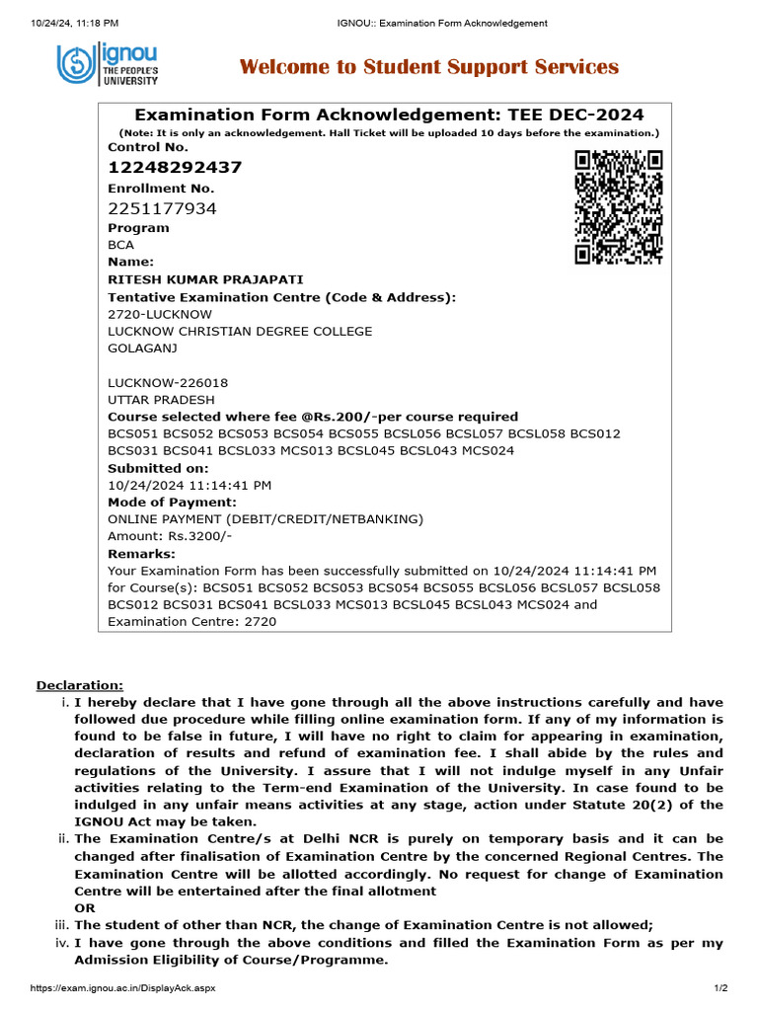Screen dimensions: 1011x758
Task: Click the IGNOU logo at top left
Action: tap(107, 66)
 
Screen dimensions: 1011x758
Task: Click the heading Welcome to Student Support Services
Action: tap(429, 67)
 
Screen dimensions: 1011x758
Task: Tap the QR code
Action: tap(618, 207)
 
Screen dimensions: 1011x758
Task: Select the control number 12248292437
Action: tap(175, 167)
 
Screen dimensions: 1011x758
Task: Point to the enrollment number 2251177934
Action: tap(162, 208)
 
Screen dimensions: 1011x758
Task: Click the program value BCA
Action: tap(120, 245)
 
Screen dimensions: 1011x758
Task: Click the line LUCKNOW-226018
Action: tap(160, 382)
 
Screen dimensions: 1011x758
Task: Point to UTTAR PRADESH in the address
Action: tap(161, 400)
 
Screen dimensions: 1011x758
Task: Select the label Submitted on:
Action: tap(158, 468)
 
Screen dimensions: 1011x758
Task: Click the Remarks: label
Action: tap(141, 554)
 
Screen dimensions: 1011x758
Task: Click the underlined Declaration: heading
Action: tap(80, 685)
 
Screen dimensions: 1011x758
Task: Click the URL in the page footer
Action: tap(110, 988)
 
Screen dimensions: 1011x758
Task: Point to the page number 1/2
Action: tap(720, 988)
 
